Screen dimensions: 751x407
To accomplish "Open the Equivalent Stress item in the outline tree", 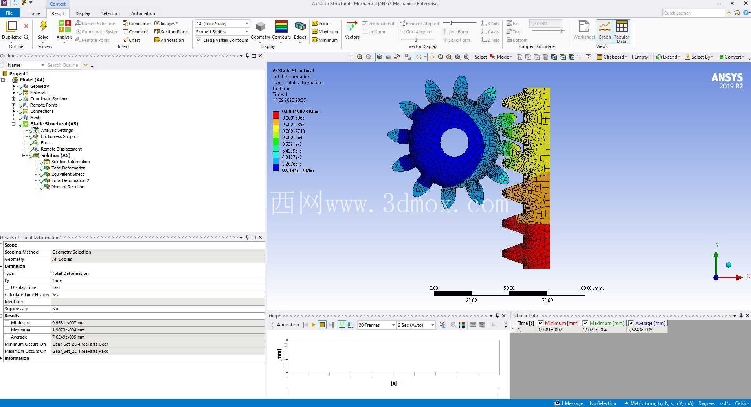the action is pos(68,174).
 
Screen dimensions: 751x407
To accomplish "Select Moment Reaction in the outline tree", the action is pos(68,187).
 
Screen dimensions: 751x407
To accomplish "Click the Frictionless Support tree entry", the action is pos(59,136).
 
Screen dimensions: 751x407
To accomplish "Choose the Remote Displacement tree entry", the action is pos(61,149).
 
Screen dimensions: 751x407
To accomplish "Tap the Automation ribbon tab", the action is pos(143,13).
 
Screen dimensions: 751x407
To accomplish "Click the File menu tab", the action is pos(9,13).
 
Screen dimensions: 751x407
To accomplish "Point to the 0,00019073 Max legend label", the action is pos(300,111).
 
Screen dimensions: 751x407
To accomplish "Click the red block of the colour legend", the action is pos(276,115).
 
